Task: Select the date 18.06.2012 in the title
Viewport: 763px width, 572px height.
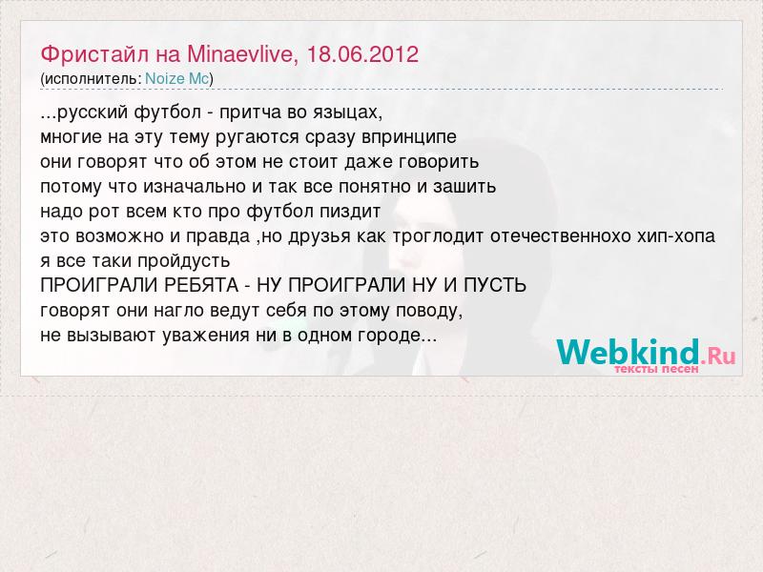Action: click(x=362, y=54)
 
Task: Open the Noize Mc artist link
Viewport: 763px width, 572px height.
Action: click(x=177, y=79)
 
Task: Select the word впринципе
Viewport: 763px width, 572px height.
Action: click(x=409, y=137)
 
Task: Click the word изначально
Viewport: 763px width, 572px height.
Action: click(x=195, y=187)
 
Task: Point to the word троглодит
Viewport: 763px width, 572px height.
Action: click(x=438, y=236)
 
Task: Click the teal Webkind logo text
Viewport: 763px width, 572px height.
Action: click(x=628, y=352)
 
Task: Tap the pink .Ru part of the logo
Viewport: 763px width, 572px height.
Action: click(x=718, y=357)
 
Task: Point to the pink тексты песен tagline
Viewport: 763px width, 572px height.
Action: click(x=656, y=369)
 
